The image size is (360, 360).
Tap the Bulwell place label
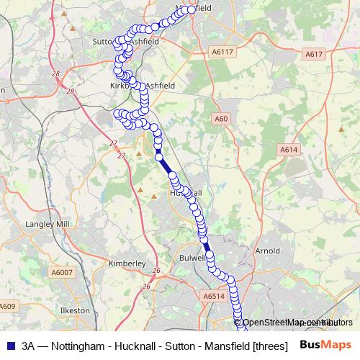coord(193,256)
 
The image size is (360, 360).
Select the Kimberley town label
coord(127,264)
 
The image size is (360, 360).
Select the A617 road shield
coord(314,54)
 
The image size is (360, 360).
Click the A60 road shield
coord(221,119)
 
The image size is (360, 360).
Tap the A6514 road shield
coord(214,295)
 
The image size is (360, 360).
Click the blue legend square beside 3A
coord(10,345)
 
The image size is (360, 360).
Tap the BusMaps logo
coord(326,344)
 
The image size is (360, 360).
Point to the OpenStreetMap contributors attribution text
coord(297,322)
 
